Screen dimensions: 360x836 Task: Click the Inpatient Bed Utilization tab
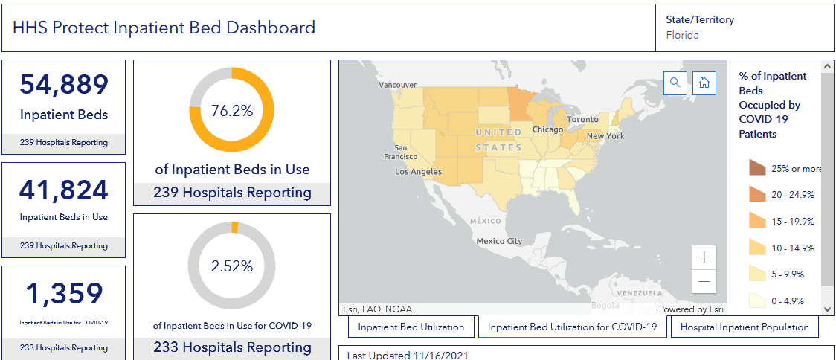411,327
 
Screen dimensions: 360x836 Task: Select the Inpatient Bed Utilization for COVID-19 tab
572,327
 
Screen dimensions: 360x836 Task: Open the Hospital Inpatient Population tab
745,327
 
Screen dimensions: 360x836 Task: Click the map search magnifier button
675,83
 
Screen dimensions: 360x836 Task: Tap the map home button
704,83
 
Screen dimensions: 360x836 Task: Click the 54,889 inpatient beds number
64,86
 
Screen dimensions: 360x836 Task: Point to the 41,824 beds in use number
64,191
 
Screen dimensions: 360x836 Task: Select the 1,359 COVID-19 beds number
64,295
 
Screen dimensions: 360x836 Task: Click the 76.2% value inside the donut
232,111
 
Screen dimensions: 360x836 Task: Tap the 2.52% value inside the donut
232,266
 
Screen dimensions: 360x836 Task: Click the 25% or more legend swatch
757,168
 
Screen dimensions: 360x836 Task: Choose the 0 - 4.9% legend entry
792,301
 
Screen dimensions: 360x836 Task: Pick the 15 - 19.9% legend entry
792,222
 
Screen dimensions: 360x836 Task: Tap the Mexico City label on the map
500,241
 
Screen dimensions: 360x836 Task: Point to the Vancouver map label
398,85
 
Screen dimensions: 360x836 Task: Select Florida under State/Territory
682,35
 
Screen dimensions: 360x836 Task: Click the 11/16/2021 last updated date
440,356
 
